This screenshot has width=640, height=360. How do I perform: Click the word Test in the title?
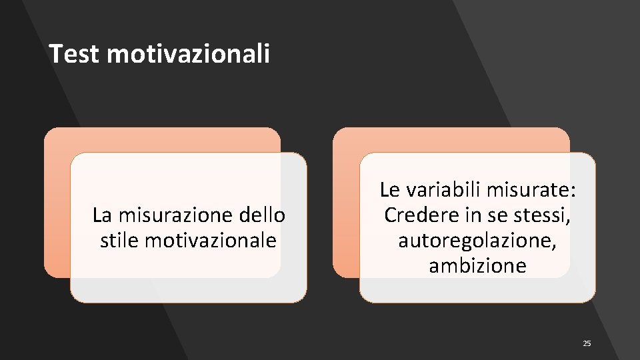point(74,54)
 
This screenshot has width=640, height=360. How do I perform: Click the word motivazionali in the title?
point(188,54)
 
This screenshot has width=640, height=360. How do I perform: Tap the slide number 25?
point(587,343)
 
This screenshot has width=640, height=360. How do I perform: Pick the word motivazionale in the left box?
point(210,240)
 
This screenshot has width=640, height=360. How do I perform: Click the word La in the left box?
point(101,215)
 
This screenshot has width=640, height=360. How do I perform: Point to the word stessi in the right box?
point(546,215)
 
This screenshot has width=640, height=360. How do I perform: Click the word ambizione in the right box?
point(477,266)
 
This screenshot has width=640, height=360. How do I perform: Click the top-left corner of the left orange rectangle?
point(47,131)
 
